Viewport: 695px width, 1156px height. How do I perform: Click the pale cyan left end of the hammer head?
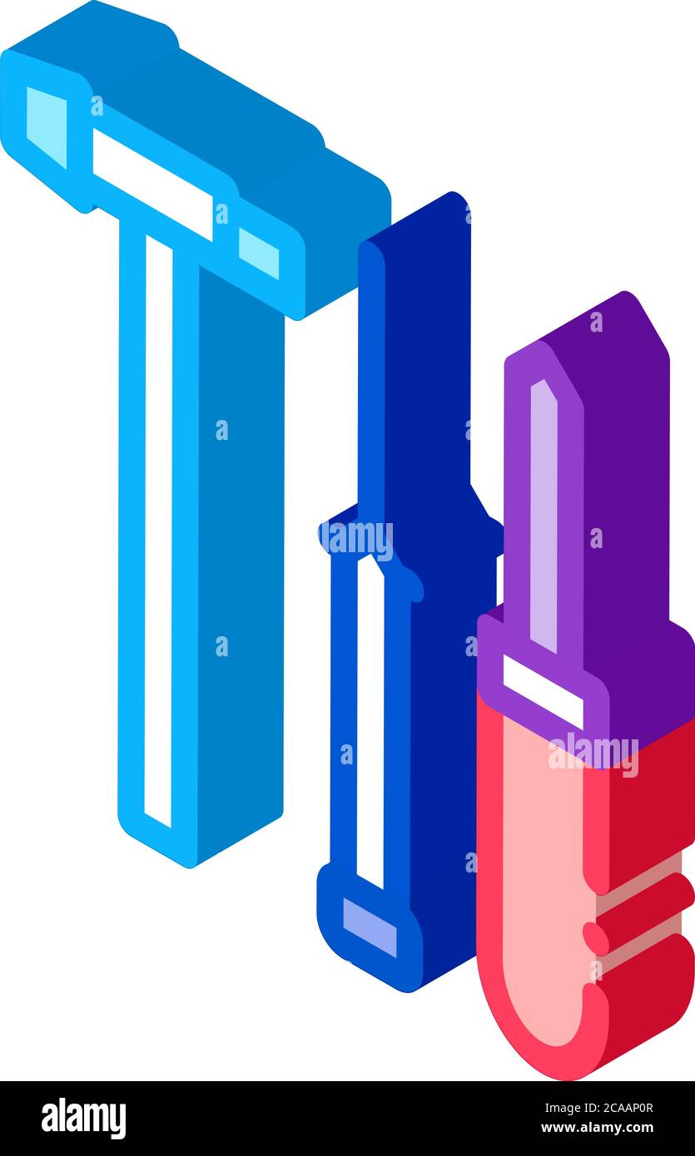pos(46,125)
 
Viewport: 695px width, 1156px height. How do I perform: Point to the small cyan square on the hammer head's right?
pos(258,253)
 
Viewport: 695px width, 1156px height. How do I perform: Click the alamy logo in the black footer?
pos(83,1119)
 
